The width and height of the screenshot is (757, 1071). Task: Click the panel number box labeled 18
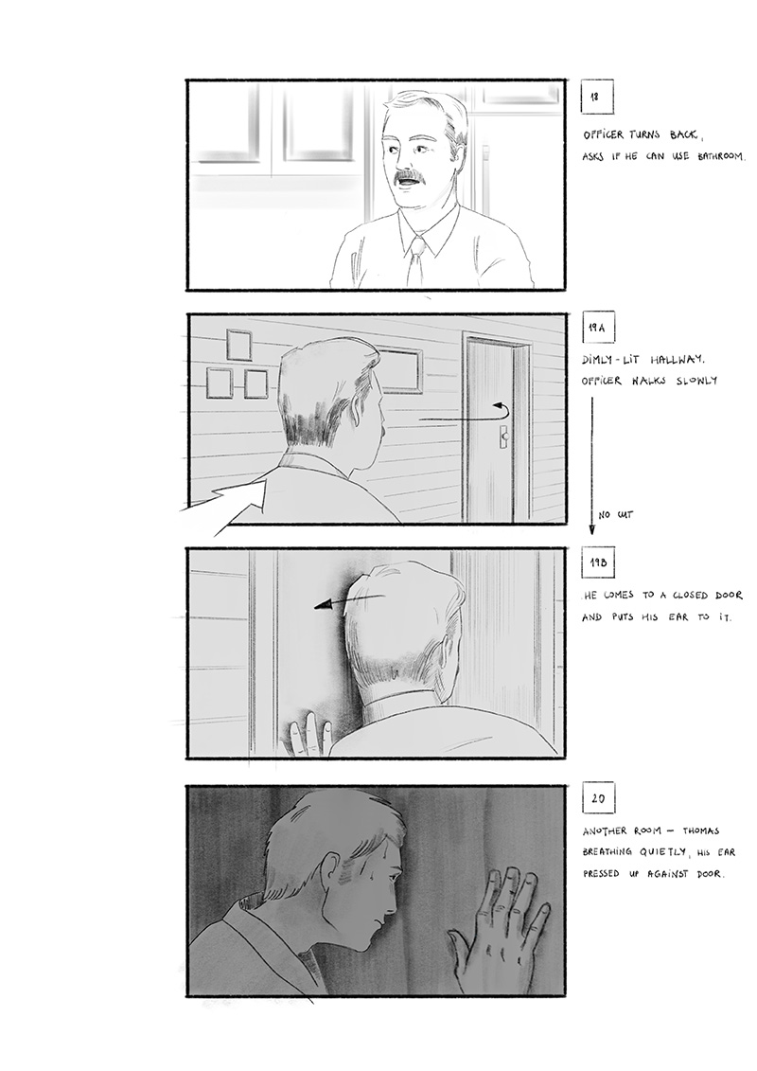point(596,97)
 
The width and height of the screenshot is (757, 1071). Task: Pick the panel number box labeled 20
point(598,797)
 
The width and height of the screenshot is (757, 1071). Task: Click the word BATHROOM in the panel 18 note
point(721,156)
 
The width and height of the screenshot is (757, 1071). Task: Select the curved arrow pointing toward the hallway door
point(465,417)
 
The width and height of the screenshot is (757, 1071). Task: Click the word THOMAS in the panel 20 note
point(699,831)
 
